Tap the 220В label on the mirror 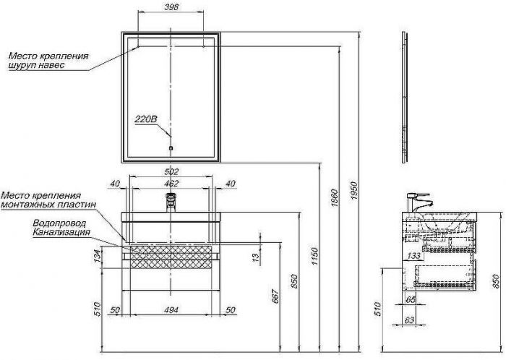[x=145, y=121]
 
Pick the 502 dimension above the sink [x=171, y=172]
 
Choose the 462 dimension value [x=171, y=184]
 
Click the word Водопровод [x=61, y=223]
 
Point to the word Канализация [x=61, y=232]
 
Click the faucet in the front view [x=171, y=202]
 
